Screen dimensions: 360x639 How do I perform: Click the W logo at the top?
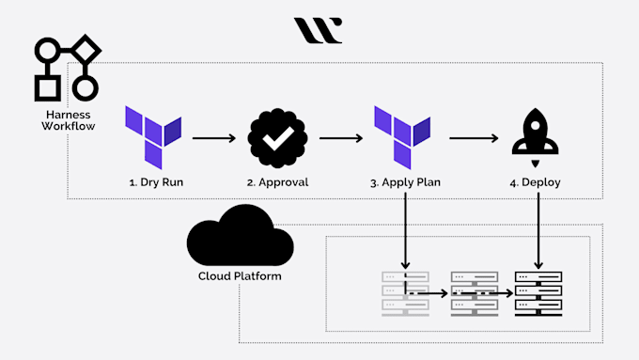point(318,30)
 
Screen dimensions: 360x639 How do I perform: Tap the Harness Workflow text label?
point(67,119)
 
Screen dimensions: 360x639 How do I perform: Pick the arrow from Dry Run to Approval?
point(212,138)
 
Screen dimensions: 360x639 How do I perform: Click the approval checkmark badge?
point(276,138)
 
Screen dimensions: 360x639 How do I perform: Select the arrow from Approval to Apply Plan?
point(340,138)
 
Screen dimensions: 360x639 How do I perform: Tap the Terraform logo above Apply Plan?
point(403,136)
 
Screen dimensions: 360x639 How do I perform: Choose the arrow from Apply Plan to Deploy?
point(474,138)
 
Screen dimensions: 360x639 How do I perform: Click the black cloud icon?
point(239,239)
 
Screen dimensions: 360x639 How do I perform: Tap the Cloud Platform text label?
point(239,276)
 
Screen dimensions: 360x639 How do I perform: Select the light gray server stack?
point(405,292)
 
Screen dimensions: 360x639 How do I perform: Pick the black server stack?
point(538,292)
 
